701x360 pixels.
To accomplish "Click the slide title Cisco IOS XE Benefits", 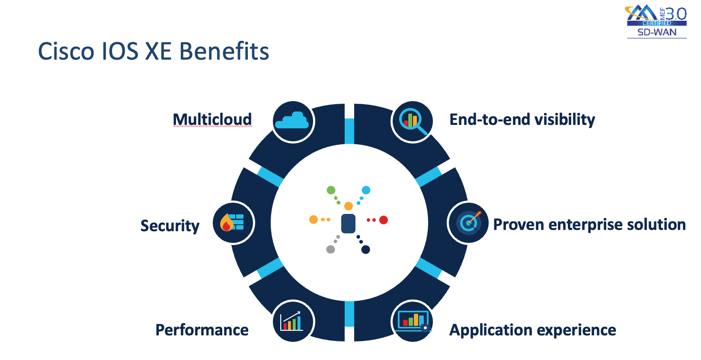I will point(154,51).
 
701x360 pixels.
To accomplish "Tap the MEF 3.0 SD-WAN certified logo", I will point(656,22).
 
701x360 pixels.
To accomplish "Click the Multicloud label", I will point(212,119).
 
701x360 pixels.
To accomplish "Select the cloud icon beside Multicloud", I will point(293,121).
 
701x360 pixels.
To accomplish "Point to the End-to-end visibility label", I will point(522,119).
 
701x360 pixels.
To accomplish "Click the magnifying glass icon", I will point(412,121).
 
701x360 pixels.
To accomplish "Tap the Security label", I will point(170,226).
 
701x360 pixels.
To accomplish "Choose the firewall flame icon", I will point(233,223).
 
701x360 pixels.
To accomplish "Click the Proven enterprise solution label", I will point(589,225).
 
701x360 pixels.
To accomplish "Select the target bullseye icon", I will point(468,223).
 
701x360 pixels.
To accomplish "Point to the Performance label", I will point(202,330).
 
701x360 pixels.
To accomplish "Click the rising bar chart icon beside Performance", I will point(293,322).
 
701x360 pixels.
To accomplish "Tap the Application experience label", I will point(533,330).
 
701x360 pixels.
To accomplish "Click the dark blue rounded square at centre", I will point(348,223).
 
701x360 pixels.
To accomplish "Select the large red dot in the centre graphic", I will point(383,220).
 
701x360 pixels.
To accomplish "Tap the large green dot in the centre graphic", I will point(331,190).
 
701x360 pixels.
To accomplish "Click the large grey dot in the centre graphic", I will point(330,249).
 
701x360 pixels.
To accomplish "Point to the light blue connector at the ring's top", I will point(349,131).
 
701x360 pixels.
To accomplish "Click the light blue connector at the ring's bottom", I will point(349,314).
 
